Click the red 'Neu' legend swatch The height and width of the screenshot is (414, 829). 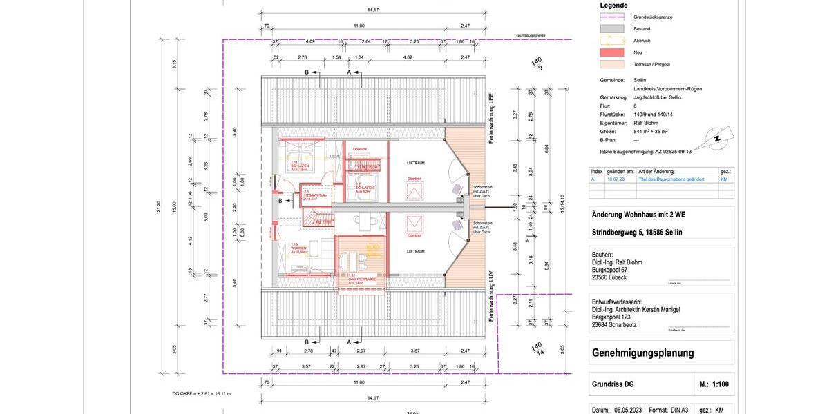[611, 52]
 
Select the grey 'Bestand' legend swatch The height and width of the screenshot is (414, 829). [611, 29]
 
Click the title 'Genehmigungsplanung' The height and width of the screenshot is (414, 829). [643, 353]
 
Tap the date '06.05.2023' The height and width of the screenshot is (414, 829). [628, 410]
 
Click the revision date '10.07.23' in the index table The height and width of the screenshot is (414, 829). [616, 179]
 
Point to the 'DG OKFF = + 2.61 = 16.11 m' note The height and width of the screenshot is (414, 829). [201, 394]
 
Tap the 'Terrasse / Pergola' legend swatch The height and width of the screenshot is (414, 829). [611, 64]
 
